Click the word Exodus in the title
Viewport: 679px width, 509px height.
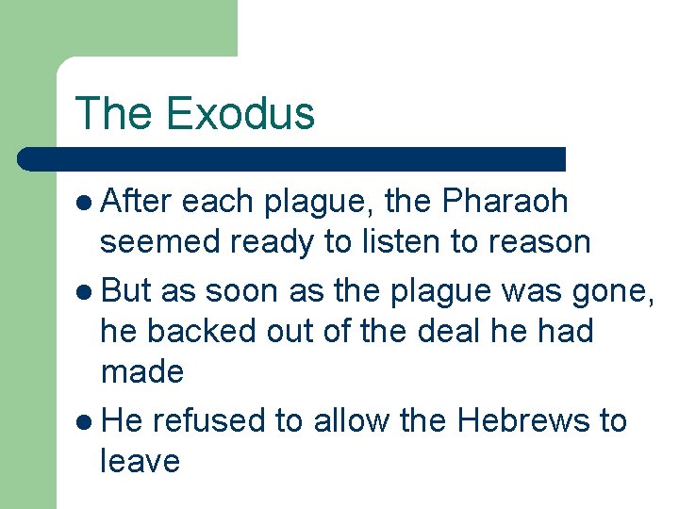point(240,113)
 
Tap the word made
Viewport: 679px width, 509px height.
point(141,373)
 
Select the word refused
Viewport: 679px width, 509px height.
point(207,419)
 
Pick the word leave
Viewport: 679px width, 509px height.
point(140,462)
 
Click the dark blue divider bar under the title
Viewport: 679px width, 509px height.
point(292,158)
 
